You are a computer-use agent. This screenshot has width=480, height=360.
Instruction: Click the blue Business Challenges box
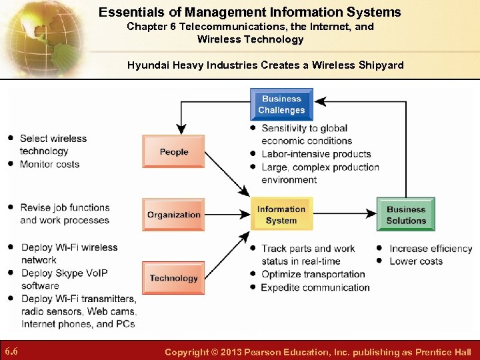281,105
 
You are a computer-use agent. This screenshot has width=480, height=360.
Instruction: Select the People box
173,152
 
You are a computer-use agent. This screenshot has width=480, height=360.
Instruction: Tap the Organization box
173,215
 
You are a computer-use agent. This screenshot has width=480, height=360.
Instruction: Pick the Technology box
173,278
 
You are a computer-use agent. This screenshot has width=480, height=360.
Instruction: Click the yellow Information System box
281,215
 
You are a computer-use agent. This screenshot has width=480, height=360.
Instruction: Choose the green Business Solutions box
405,215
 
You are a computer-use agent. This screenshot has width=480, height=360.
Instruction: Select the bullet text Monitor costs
49,164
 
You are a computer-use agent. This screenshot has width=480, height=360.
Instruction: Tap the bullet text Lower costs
416,261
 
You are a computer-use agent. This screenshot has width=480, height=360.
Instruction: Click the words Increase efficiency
431,249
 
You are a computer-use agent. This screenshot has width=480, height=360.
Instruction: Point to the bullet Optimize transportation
313,274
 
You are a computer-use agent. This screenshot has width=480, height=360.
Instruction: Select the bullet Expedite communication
315,287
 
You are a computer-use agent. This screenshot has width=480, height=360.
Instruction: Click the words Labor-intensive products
316,154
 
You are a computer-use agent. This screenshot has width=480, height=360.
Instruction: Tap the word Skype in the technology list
66,273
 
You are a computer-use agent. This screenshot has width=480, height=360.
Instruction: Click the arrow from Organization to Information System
227,215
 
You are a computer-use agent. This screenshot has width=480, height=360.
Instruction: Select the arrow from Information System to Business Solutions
344,215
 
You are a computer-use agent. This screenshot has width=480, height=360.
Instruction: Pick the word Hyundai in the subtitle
147,65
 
